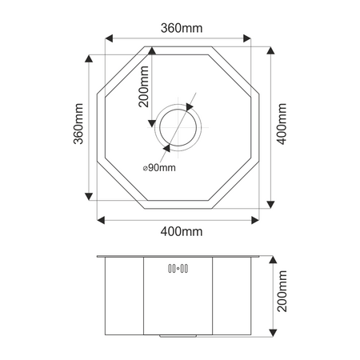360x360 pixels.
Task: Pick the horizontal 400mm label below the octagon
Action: coord(180,231)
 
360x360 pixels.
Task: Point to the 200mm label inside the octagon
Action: coord(144,86)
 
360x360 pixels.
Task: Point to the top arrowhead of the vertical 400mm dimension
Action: coord(269,52)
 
